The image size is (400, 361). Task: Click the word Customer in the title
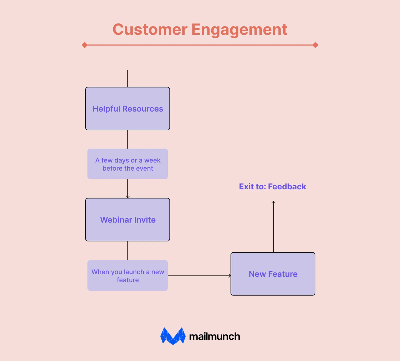[x=150, y=30]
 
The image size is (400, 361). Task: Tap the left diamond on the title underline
[x=85, y=45]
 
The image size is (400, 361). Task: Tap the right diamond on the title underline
[x=315, y=45]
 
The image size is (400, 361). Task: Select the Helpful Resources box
[x=127, y=109]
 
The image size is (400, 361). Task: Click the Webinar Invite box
[x=127, y=220]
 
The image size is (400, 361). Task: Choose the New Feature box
[x=273, y=274]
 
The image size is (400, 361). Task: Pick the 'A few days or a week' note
[x=127, y=164]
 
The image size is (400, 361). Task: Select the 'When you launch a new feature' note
[x=127, y=275]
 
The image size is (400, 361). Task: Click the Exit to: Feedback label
[x=272, y=187]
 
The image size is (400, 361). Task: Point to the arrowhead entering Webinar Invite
[x=127, y=197]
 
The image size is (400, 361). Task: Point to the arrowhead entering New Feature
[x=230, y=276]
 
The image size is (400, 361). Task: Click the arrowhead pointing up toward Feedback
[x=273, y=202]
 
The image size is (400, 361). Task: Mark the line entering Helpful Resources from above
[x=127, y=79]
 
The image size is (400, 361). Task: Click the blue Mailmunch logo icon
[x=173, y=336]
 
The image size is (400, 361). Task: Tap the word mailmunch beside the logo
[x=214, y=336]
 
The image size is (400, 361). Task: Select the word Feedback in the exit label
[x=287, y=187]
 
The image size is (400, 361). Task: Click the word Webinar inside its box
[x=116, y=220]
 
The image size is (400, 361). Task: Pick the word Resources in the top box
[x=143, y=109]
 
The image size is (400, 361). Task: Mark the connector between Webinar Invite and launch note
[x=127, y=251]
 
